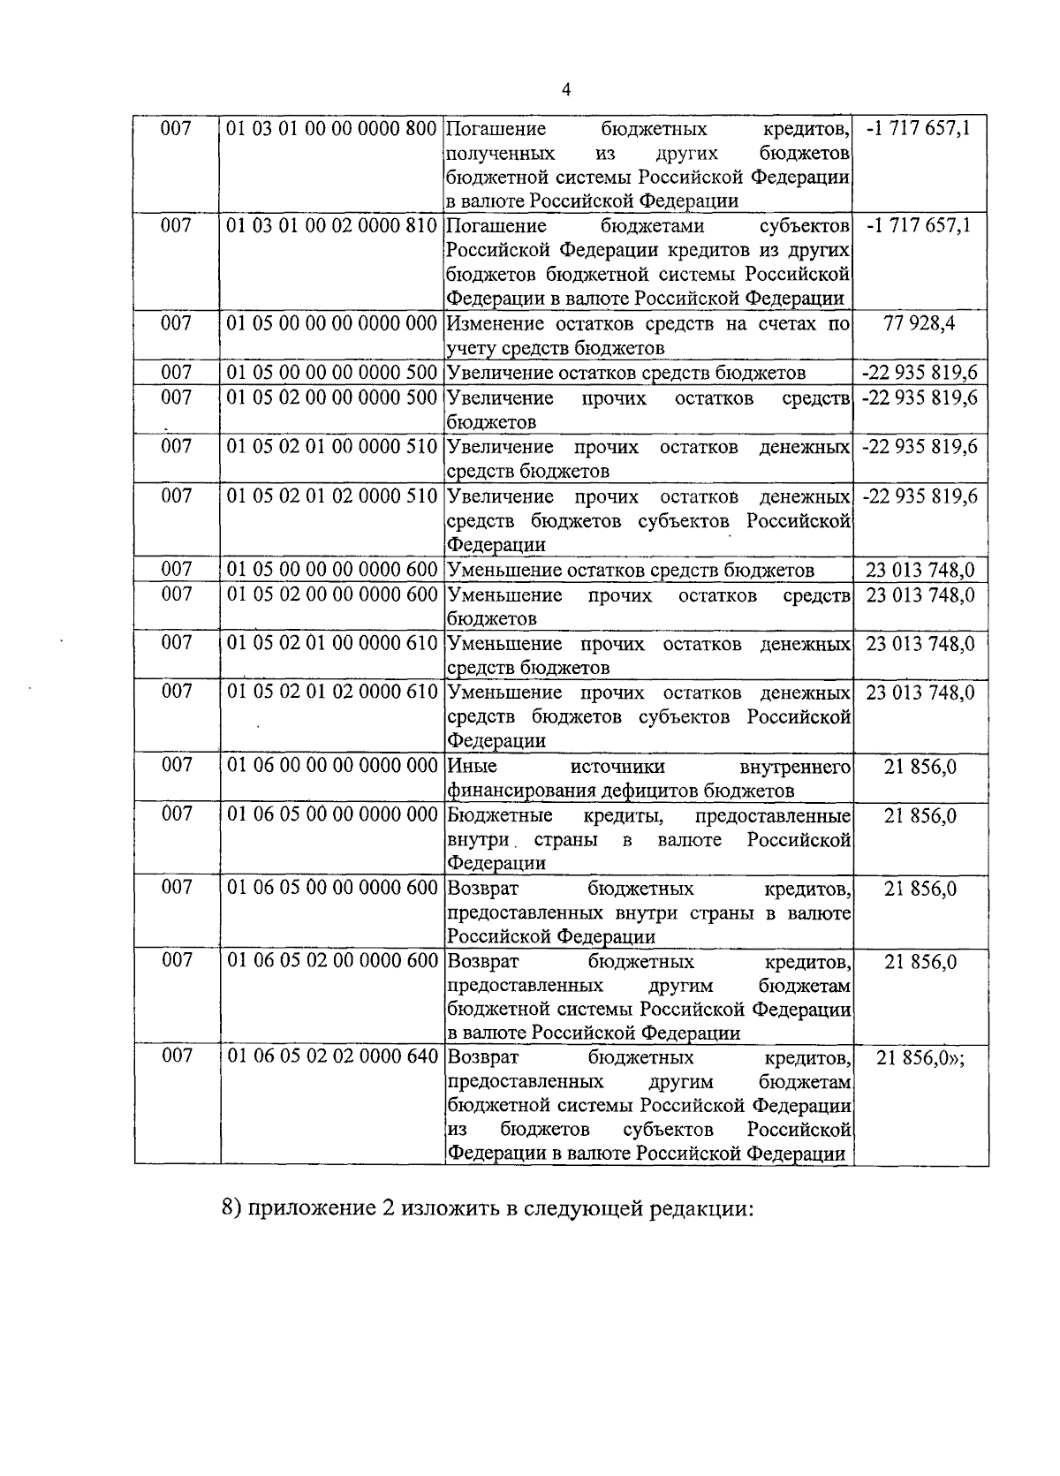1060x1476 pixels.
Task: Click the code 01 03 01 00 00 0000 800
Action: pos(332,129)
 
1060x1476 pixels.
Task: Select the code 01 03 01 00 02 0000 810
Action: pos(332,226)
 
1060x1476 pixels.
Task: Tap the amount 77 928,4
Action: pos(920,323)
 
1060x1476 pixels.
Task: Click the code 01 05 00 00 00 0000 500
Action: pos(332,373)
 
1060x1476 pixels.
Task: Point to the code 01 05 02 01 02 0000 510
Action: pos(332,496)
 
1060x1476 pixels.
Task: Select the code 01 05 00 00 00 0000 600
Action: pos(332,570)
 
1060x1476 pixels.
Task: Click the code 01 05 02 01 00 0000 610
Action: pos(332,643)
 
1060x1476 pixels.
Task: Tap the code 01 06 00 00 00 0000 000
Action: pos(332,765)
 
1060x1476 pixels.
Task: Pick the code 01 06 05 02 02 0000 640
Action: pos(332,1057)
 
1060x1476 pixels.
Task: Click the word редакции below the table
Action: pos(702,1209)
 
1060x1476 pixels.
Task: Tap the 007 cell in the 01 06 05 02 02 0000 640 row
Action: pos(176,1057)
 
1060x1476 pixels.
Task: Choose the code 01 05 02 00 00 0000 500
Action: pos(332,397)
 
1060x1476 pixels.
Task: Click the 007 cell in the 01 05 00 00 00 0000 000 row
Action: pos(176,323)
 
